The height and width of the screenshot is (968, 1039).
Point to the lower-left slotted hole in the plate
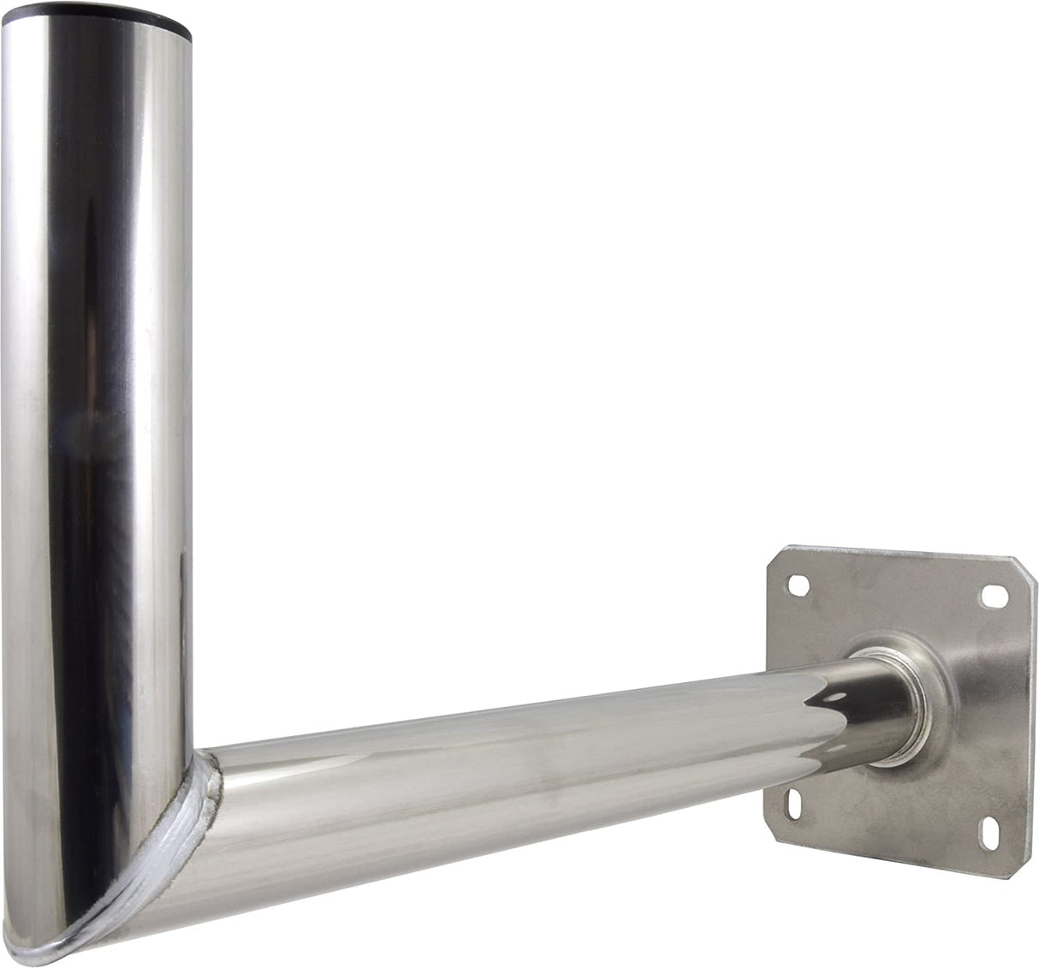point(793,804)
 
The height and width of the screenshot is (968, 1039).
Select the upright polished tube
point(94,385)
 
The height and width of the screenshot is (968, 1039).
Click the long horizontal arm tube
point(514,762)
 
